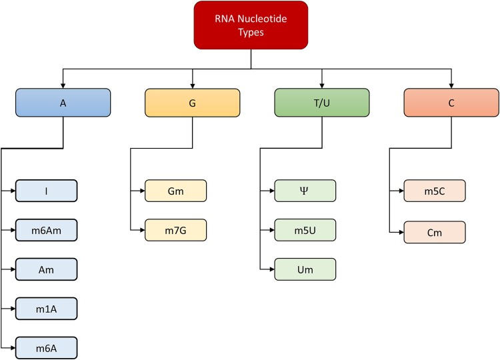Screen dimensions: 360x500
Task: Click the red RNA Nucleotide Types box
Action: (251, 25)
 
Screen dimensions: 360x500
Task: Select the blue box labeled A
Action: (63, 103)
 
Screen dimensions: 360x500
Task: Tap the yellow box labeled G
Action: (192, 103)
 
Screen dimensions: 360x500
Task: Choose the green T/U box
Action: (321, 103)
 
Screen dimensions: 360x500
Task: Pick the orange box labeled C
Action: (451, 103)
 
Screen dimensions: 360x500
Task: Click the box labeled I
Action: (46, 191)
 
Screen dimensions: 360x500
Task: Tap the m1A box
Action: (46, 309)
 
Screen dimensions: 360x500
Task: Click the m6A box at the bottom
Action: (46, 348)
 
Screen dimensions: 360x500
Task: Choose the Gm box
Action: (176, 191)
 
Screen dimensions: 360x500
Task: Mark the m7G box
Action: (176, 230)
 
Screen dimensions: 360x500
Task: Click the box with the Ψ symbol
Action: (305, 191)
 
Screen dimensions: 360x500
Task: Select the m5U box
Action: (305, 230)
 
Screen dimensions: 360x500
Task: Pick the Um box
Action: (305, 269)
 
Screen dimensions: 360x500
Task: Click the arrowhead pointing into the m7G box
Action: (142, 230)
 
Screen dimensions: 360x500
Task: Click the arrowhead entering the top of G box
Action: (192, 85)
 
